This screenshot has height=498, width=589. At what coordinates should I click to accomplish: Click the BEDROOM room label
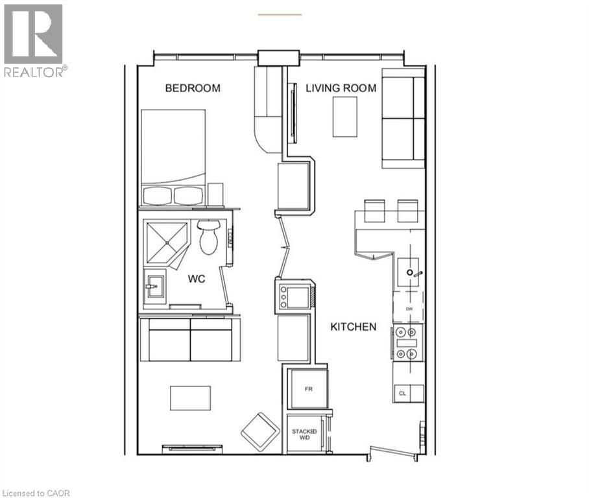click(193, 88)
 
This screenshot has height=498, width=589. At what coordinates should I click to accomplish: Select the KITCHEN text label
click(354, 327)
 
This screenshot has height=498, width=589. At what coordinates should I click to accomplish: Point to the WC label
click(197, 279)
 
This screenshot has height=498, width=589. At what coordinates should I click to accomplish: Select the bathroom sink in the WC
click(154, 286)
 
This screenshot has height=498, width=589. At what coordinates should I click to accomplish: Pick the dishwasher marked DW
click(409, 309)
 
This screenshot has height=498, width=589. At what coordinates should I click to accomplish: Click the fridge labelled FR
click(308, 389)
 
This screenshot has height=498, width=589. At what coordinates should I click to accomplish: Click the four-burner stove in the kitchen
click(407, 343)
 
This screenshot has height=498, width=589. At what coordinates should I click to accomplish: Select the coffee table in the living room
click(345, 117)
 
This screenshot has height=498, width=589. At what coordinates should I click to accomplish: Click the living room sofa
click(403, 118)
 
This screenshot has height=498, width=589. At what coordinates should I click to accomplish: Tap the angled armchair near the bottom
click(260, 431)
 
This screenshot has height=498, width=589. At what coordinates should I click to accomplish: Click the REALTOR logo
click(34, 40)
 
